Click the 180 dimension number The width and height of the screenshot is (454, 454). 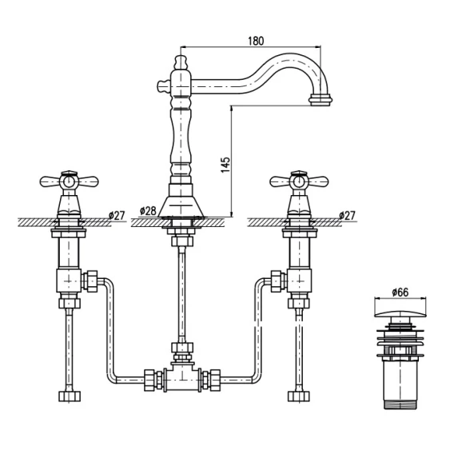coord(256,41)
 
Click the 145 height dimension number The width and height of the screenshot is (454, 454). coord(225,165)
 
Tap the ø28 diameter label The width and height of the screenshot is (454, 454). coord(148,211)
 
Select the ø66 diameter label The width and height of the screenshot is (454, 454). coord(400,293)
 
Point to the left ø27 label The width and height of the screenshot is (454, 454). coord(117,216)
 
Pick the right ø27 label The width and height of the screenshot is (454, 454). coord(347,216)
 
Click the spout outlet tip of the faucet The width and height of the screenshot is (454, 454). coord(321,100)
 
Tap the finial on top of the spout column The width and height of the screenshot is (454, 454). coord(181,62)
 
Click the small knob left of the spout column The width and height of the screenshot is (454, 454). coord(164,86)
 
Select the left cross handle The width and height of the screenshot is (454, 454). coord(70,181)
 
